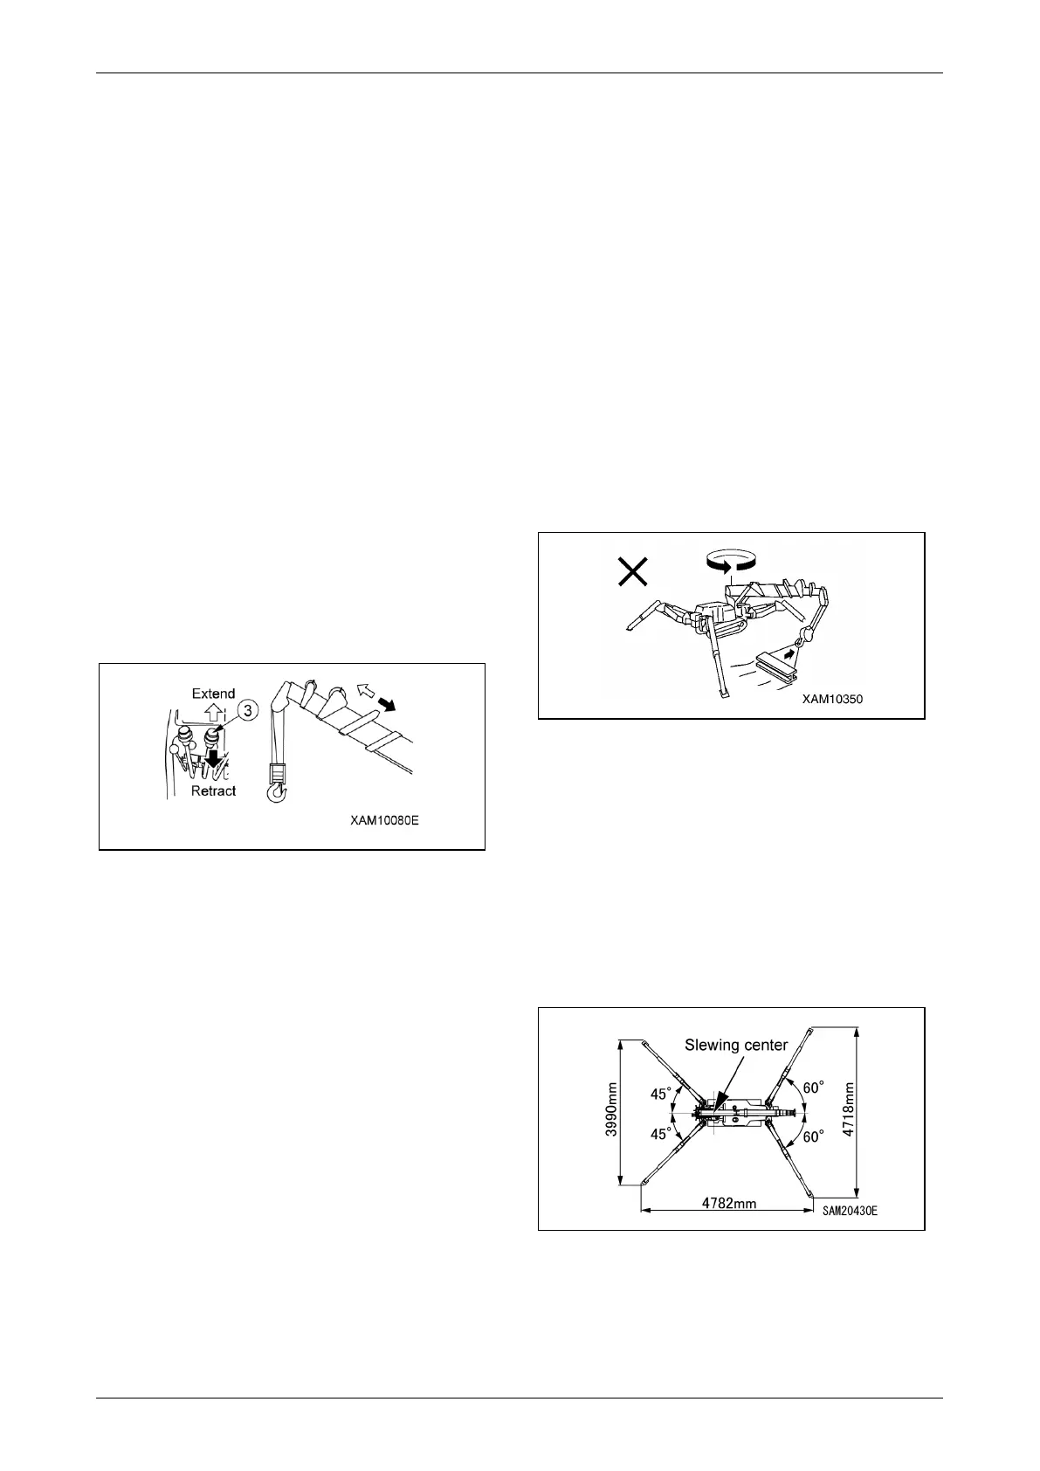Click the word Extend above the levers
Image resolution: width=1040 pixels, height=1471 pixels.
(x=213, y=694)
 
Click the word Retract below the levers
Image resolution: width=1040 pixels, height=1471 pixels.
(x=213, y=791)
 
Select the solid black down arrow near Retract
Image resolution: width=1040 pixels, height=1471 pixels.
(x=211, y=763)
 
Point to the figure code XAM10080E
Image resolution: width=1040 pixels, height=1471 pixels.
(x=385, y=822)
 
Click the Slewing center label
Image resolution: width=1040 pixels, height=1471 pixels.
(x=735, y=1045)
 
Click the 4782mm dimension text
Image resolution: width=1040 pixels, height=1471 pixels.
(x=729, y=1203)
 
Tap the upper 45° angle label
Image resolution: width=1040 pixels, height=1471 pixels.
(x=661, y=1093)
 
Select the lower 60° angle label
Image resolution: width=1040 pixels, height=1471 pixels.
(x=814, y=1137)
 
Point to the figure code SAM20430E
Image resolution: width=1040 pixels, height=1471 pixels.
(x=850, y=1211)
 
